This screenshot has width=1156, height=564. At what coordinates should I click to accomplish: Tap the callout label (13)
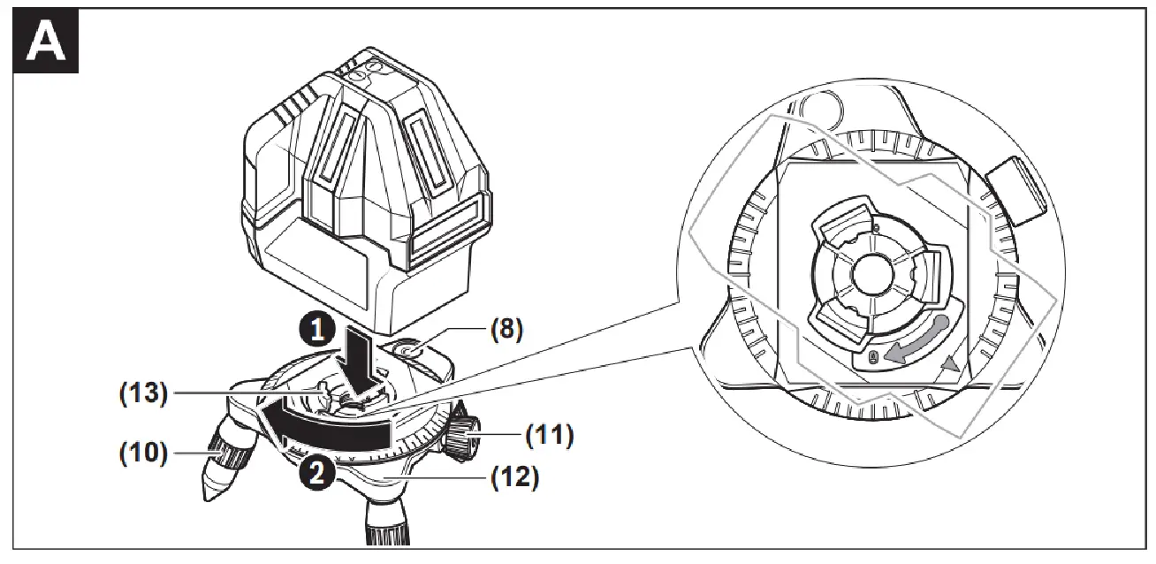pyautogui.click(x=143, y=393)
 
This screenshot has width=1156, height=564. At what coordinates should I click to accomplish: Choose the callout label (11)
pyautogui.click(x=549, y=435)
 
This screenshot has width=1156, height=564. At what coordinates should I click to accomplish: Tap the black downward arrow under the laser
pyautogui.click(x=361, y=358)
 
